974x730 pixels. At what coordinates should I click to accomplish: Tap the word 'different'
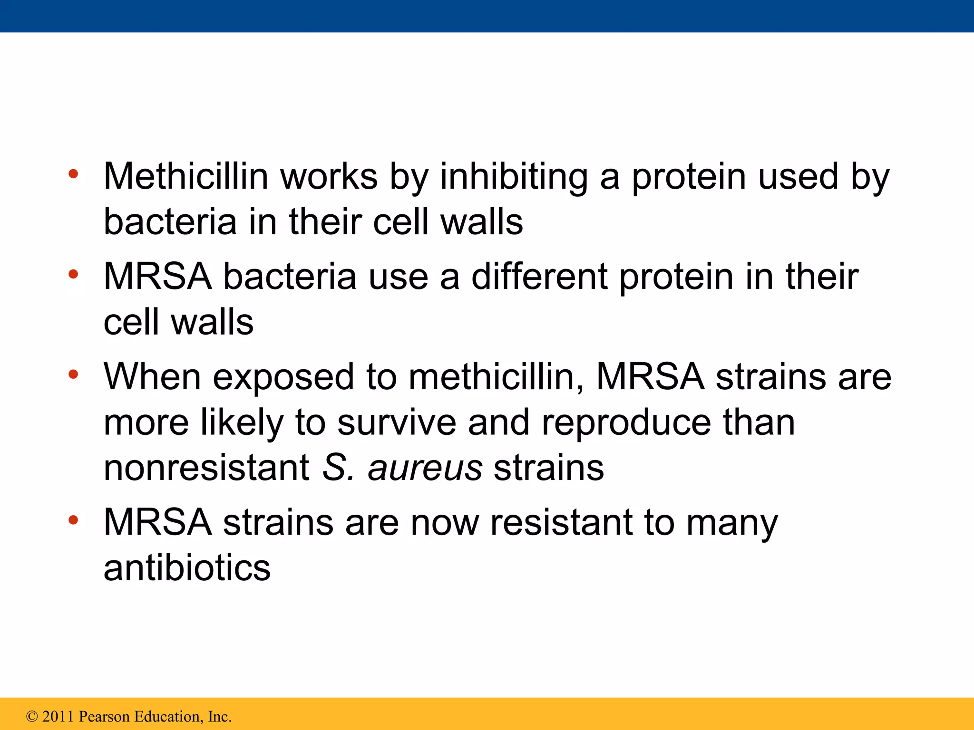pyautogui.click(x=539, y=277)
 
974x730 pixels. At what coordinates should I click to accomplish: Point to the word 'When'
pyautogui.click(x=152, y=376)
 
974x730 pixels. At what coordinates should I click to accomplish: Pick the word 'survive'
pyautogui.click(x=397, y=422)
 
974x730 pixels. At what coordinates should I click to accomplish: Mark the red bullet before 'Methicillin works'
pyautogui.click(x=73, y=174)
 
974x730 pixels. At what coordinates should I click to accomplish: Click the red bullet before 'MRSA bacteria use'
pyautogui.click(x=73, y=274)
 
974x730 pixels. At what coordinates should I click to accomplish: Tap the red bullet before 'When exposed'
pyautogui.click(x=73, y=375)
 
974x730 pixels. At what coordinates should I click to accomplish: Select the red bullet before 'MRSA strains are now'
pyautogui.click(x=73, y=520)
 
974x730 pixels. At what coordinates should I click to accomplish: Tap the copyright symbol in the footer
pyautogui.click(x=32, y=716)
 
